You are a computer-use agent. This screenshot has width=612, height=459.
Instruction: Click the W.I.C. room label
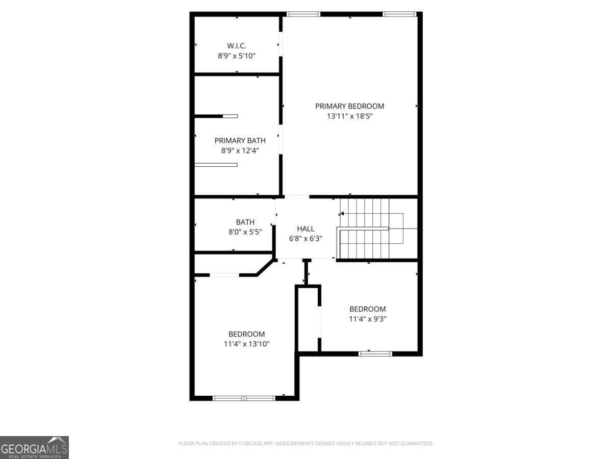237,46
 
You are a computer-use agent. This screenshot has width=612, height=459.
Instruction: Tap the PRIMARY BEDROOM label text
349,106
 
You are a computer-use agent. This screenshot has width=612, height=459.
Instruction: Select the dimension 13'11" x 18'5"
349,116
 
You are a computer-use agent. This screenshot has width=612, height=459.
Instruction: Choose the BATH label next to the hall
245,222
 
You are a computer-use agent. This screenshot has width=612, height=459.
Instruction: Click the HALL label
305,229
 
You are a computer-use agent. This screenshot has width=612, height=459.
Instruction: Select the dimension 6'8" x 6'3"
305,238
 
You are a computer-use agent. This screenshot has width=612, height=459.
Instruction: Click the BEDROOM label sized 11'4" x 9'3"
367,309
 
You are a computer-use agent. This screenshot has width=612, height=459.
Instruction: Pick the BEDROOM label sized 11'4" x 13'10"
246,334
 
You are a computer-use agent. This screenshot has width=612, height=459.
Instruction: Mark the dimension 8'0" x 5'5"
245,232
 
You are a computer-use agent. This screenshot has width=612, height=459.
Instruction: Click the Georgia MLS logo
34,447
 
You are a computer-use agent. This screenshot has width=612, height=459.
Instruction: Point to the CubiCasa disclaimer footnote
305,444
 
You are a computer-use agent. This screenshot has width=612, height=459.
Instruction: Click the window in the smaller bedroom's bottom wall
375,353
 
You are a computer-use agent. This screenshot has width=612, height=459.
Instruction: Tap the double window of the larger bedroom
244,398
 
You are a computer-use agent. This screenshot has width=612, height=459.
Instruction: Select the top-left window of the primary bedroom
303,14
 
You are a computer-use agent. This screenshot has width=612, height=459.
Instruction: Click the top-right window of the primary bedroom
400,14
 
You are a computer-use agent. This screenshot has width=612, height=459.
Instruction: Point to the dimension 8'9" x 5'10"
237,55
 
